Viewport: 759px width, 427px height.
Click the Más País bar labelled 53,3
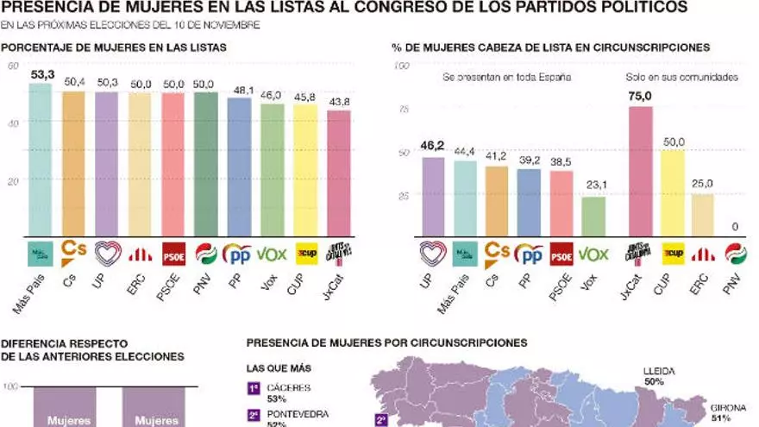pyautogui.click(x=41, y=160)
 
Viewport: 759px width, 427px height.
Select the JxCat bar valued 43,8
pyautogui.click(x=338, y=173)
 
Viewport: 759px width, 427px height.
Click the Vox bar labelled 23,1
pyautogui.click(x=593, y=217)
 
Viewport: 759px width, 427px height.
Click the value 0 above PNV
pyautogui.click(x=735, y=227)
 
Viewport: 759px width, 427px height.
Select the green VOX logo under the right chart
pyautogui.click(x=593, y=254)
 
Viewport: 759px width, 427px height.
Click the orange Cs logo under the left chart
pyautogui.click(x=73, y=253)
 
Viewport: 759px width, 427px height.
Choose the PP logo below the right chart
pyautogui.click(x=528, y=254)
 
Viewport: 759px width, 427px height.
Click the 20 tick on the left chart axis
pyautogui.click(x=11, y=181)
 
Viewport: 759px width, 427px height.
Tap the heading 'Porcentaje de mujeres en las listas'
pyautogui.click(x=114, y=47)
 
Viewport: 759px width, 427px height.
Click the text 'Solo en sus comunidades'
pyautogui.click(x=681, y=78)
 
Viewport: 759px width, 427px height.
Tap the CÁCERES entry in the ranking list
pyautogui.click(x=289, y=388)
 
